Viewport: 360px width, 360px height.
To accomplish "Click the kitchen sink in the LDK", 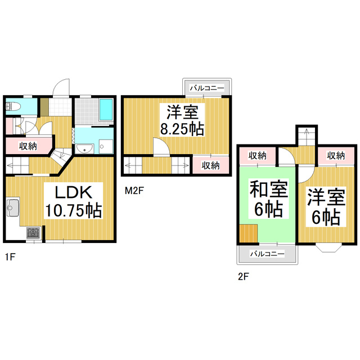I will tap(12, 209).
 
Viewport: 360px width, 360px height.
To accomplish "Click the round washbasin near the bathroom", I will tap(84, 148).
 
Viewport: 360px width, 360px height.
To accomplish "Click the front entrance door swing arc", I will tap(59, 87).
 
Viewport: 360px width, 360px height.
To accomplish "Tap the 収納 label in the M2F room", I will tap(210, 165).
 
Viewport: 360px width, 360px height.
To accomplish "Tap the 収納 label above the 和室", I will tap(257, 155).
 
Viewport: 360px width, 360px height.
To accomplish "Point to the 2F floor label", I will tap(243, 277).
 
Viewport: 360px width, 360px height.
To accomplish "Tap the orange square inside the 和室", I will tap(247, 232).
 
